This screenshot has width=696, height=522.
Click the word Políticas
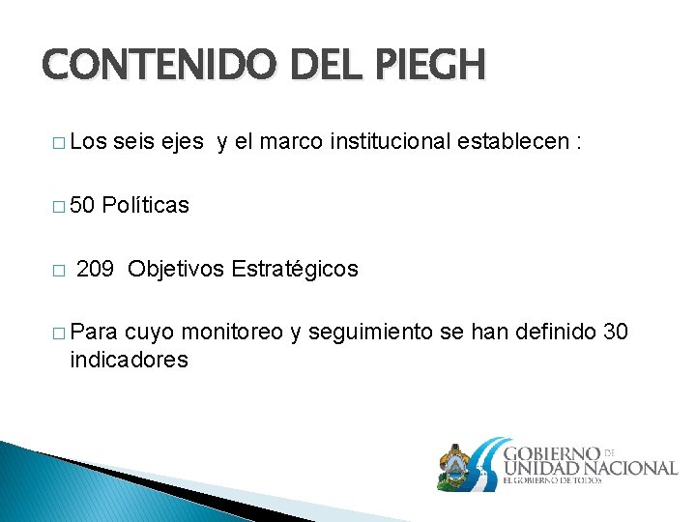point(145,205)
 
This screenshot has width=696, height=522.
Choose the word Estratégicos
point(295,269)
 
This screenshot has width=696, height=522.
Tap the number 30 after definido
point(615,333)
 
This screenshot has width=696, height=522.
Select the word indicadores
point(129,361)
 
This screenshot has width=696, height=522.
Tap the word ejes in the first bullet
point(181,141)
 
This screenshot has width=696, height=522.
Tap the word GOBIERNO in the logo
point(552,451)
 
